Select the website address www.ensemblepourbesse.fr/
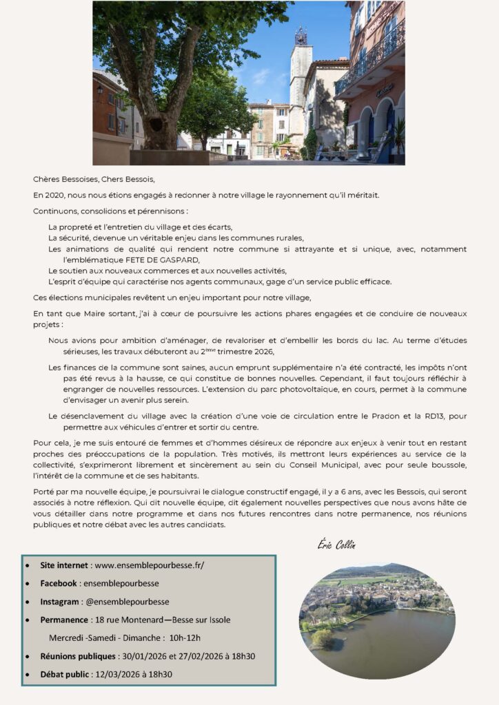[149, 565]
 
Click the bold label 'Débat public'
[65, 674]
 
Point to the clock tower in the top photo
[301, 76]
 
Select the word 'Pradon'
[365, 416]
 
